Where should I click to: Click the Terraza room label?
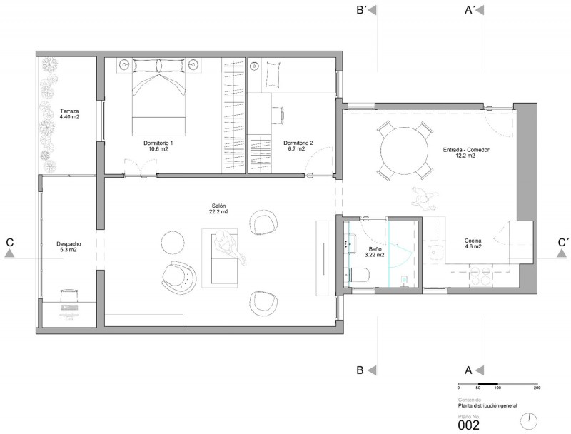(x=69, y=111)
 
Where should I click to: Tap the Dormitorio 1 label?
(x=158, y=143)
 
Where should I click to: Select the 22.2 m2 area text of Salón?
(x=219, y=211)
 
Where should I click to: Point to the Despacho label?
(x=69, y=244)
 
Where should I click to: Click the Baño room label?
(x=375, y=249)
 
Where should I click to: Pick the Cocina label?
(x=473, y=241)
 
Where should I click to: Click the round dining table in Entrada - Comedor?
(x=404, y=151)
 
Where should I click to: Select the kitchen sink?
(x=435, y=252)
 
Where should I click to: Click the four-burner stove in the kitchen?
(x=481, y=275)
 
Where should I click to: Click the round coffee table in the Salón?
(x=173, y=243)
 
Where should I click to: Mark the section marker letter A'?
(x=469, y=11)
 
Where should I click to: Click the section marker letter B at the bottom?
(x=360, y=370)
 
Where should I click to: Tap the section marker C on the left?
(x=10, y=242)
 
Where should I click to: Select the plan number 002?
(x=469, y=425)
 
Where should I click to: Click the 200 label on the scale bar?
(x=537, y=388)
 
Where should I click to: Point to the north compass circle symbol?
(x=529, y=421)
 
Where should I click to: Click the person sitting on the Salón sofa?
(x=228, y=248)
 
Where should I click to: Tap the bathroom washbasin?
(x=351, y=243)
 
